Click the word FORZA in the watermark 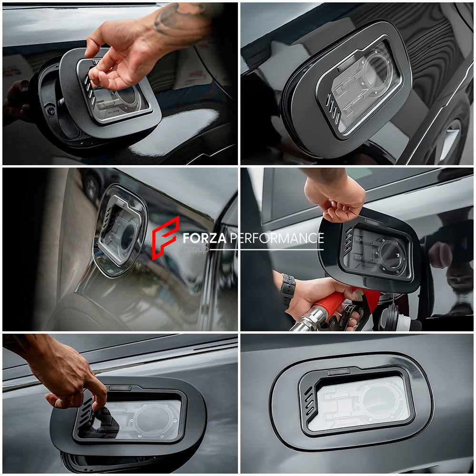204,238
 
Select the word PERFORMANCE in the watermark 277,238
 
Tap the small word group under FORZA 196,249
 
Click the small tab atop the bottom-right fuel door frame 339,372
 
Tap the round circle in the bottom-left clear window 155,419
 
